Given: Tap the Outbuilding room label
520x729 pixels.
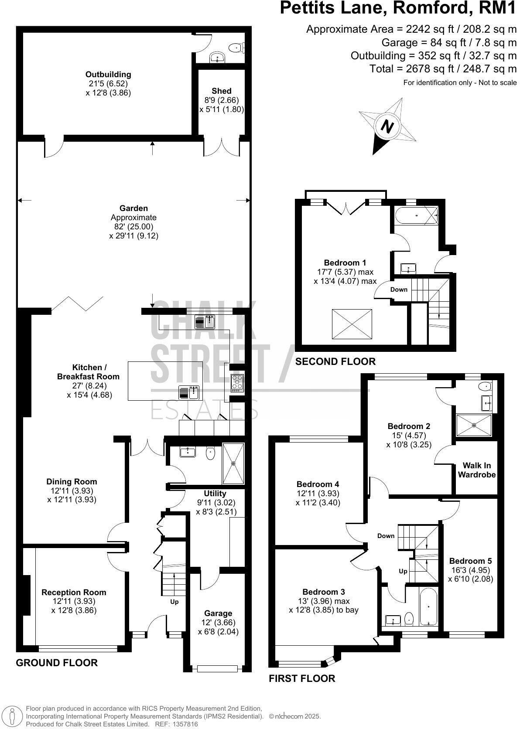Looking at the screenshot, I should click(x=108, y=75).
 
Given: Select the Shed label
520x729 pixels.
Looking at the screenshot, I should click(x=222, y=91).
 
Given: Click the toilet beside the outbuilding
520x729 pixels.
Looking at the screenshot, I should click(x=238, y=47).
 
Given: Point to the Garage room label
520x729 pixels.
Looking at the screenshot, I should click(x=218, y=613).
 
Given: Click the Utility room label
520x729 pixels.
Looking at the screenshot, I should click(x=215, y=494).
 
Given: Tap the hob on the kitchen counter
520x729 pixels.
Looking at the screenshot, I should click(x=238, y=382).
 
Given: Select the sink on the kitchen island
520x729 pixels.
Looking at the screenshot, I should click(x=189, y=392).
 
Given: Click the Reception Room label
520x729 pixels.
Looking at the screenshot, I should click(x=74, y=592).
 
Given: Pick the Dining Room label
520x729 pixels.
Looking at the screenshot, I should click(x=72, y=482).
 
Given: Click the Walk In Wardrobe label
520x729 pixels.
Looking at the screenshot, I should click(x=477, y=470).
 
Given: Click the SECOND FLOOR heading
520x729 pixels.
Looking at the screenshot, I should click(x=335, y=361).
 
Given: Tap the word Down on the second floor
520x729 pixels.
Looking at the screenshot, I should click(x=399, y=290).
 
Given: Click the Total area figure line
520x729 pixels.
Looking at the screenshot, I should click(x=443, y=69).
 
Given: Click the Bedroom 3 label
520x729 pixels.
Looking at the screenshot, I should click(x=324, y=592).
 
